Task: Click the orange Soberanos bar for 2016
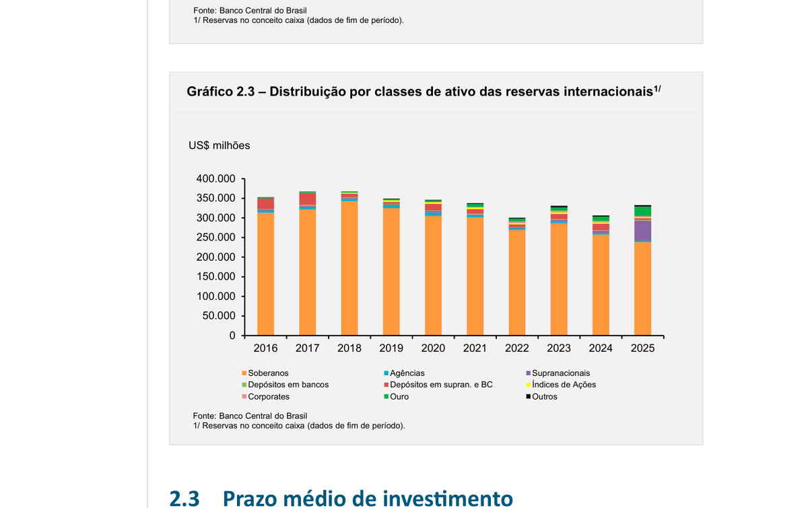point(265,276)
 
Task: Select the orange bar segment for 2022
point(517,283)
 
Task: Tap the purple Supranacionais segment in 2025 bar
point(642,230)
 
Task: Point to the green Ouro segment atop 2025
point(642,212)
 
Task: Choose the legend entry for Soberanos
point(268,373)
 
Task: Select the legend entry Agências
point(407,373)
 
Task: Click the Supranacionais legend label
point(560,373)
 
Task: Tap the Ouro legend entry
point(399,397)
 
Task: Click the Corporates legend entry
point(268,397)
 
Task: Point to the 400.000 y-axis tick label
point(215,179)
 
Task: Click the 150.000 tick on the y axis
point(215,276)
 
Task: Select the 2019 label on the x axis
point(391,348)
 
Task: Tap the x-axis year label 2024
point(601,348)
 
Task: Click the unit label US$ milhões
point(219,146)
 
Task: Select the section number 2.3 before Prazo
point(184,498)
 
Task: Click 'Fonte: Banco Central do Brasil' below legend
point(250,416)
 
